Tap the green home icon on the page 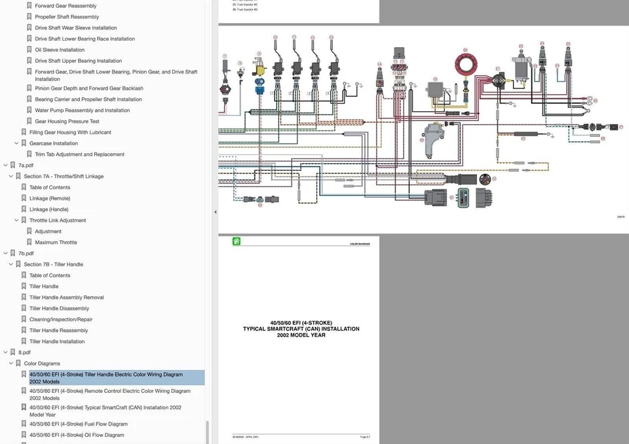click(x=236, y=242)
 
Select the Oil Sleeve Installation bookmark click(x=60, y=50)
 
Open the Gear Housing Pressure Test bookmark click(x=67, y=121)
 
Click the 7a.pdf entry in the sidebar click(x=26, y=166)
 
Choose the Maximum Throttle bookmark click(x=56, y=242)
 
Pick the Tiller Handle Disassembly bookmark click(x=59, y=308)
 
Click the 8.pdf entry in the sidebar click(x=24, y=352)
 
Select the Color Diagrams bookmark click(x=42, y=363)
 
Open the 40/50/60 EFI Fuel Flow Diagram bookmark click(x=78, y=424)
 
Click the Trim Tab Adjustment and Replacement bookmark click(x=79, y=155)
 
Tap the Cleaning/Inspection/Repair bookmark click(x=61, y=320)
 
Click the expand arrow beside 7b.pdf click(x=5, y=253)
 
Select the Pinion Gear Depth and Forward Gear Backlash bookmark click(x=88, y=88)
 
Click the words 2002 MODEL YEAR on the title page click(x=301, y=335)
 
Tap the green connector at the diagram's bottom click(x=463, y=198)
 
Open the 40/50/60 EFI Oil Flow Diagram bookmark click(x=76, y=435)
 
